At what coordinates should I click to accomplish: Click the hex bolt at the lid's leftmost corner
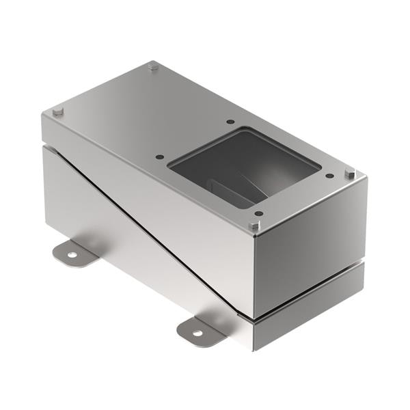pyautogui.click(x=58, y=111)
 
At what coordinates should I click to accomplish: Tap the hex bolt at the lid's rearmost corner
pyautogui.click(x=153, y=66)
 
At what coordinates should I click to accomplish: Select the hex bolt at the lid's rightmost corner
pyautogui.click(x=350, y=174)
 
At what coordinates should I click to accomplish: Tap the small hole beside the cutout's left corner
pyautogui.click(x=160, y=156)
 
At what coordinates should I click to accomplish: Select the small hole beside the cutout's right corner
pyautogui.click(x=329, y=176)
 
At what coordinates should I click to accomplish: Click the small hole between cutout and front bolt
pyautogui.click(x=259, y=214)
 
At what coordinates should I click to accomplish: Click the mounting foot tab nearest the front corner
pyautogui.click(x=200, y=331)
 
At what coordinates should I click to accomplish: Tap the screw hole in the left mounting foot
pyautogui.click(x=72, y=255)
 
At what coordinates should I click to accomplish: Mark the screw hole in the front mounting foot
pyautogui.click(x=197, y=333)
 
